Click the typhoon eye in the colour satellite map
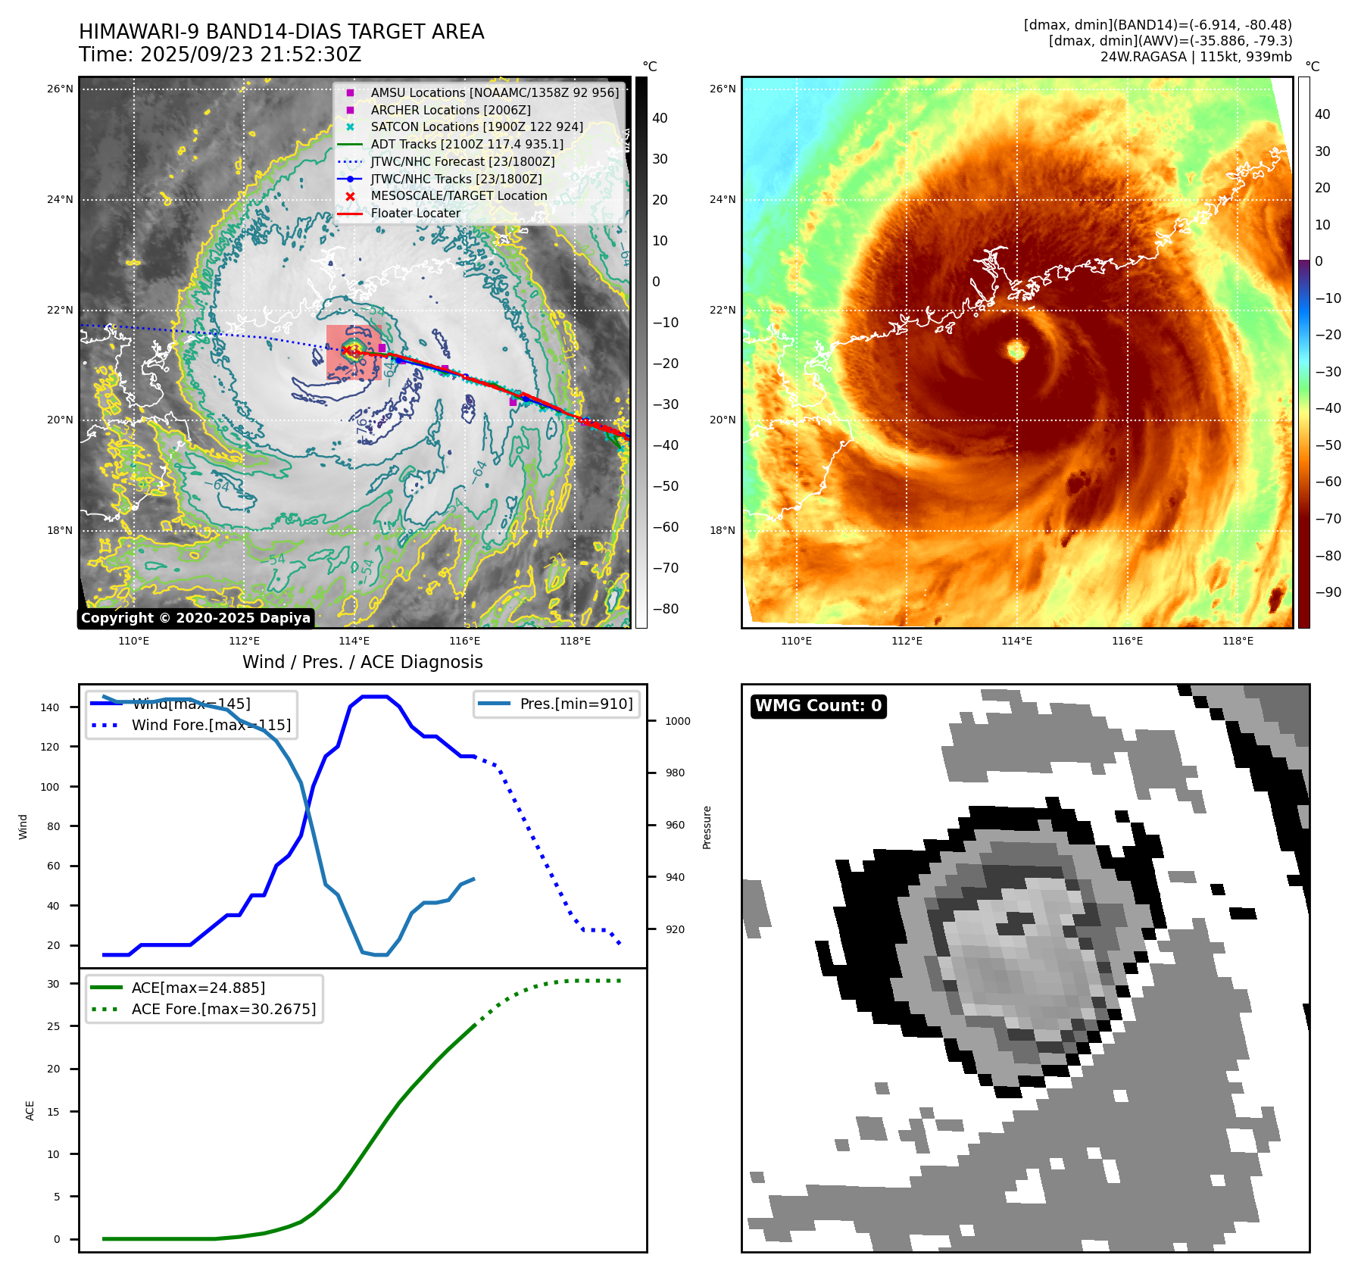[x=1016, y=349]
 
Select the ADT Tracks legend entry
[x=467, y=144]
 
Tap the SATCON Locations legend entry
[x=476, y=126]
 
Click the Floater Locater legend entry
[x=415, y=213]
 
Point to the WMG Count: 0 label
[x=818, y=706]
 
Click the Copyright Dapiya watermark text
[x=195, y=618]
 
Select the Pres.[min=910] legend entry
[x=576, y=704]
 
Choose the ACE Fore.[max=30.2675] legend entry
[x=223, y=1009]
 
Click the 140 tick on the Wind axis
[x=50, y=707]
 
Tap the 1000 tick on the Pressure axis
[x=678, y=721]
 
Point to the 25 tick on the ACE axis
[x=54, y=1026]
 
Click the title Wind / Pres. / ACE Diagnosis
[x=362, y=662]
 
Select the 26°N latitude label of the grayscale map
[x=60, y=89]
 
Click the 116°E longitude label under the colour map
[x=1127, y=641]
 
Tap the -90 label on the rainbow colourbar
[x=1328, y=592]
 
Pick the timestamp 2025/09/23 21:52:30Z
[x=251, y=55]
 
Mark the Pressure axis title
[x=707, y=827]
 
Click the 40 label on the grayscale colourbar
[x=660, y=118]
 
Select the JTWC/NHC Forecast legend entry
[x=462, y=161]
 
